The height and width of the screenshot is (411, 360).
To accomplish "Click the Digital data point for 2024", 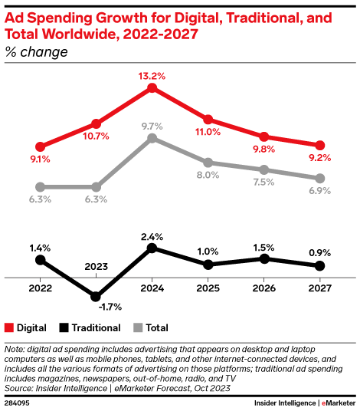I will [152, 89].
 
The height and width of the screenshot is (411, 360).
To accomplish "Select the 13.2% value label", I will [152, 75].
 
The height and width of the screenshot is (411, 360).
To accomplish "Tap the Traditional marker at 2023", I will [96, 296].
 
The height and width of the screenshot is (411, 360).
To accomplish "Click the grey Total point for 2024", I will [152, 138].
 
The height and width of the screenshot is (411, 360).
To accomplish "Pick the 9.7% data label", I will [152, 126].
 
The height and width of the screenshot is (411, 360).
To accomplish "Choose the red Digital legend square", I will [9, 327].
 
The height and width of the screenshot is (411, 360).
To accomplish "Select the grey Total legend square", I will [137, 327].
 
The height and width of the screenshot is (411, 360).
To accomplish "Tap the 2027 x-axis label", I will [319, 290].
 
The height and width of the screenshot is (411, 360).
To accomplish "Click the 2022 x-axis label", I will [40, 290].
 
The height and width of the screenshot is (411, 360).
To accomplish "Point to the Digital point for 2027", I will [319, 145].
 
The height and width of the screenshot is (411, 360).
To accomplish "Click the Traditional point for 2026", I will [263, 258].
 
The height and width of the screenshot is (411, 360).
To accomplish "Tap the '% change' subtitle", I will [36, 52].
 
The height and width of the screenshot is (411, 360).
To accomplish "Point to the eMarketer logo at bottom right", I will [337, 402].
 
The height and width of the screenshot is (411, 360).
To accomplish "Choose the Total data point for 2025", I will [208, 163].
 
